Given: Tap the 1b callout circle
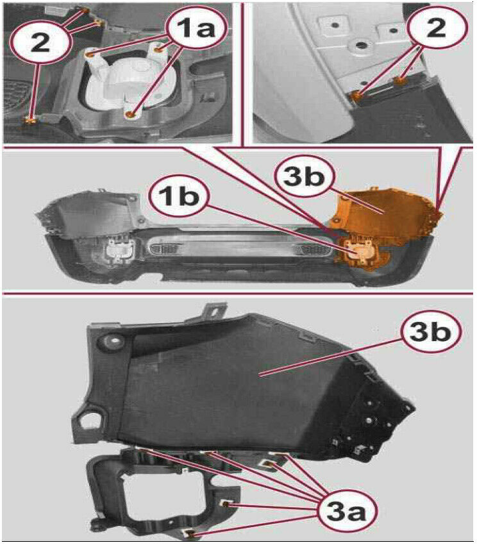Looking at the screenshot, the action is tap(179, 197).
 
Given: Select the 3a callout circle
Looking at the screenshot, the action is tap(347, 512).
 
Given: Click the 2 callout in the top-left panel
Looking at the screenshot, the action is tap(41, 44).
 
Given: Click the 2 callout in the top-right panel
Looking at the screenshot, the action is tap(437, 28).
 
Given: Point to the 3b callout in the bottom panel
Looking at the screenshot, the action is tap(430, 332).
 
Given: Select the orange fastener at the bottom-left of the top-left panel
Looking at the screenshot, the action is tap(31, 121).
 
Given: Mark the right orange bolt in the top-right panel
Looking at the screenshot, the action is tap(401, 81).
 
